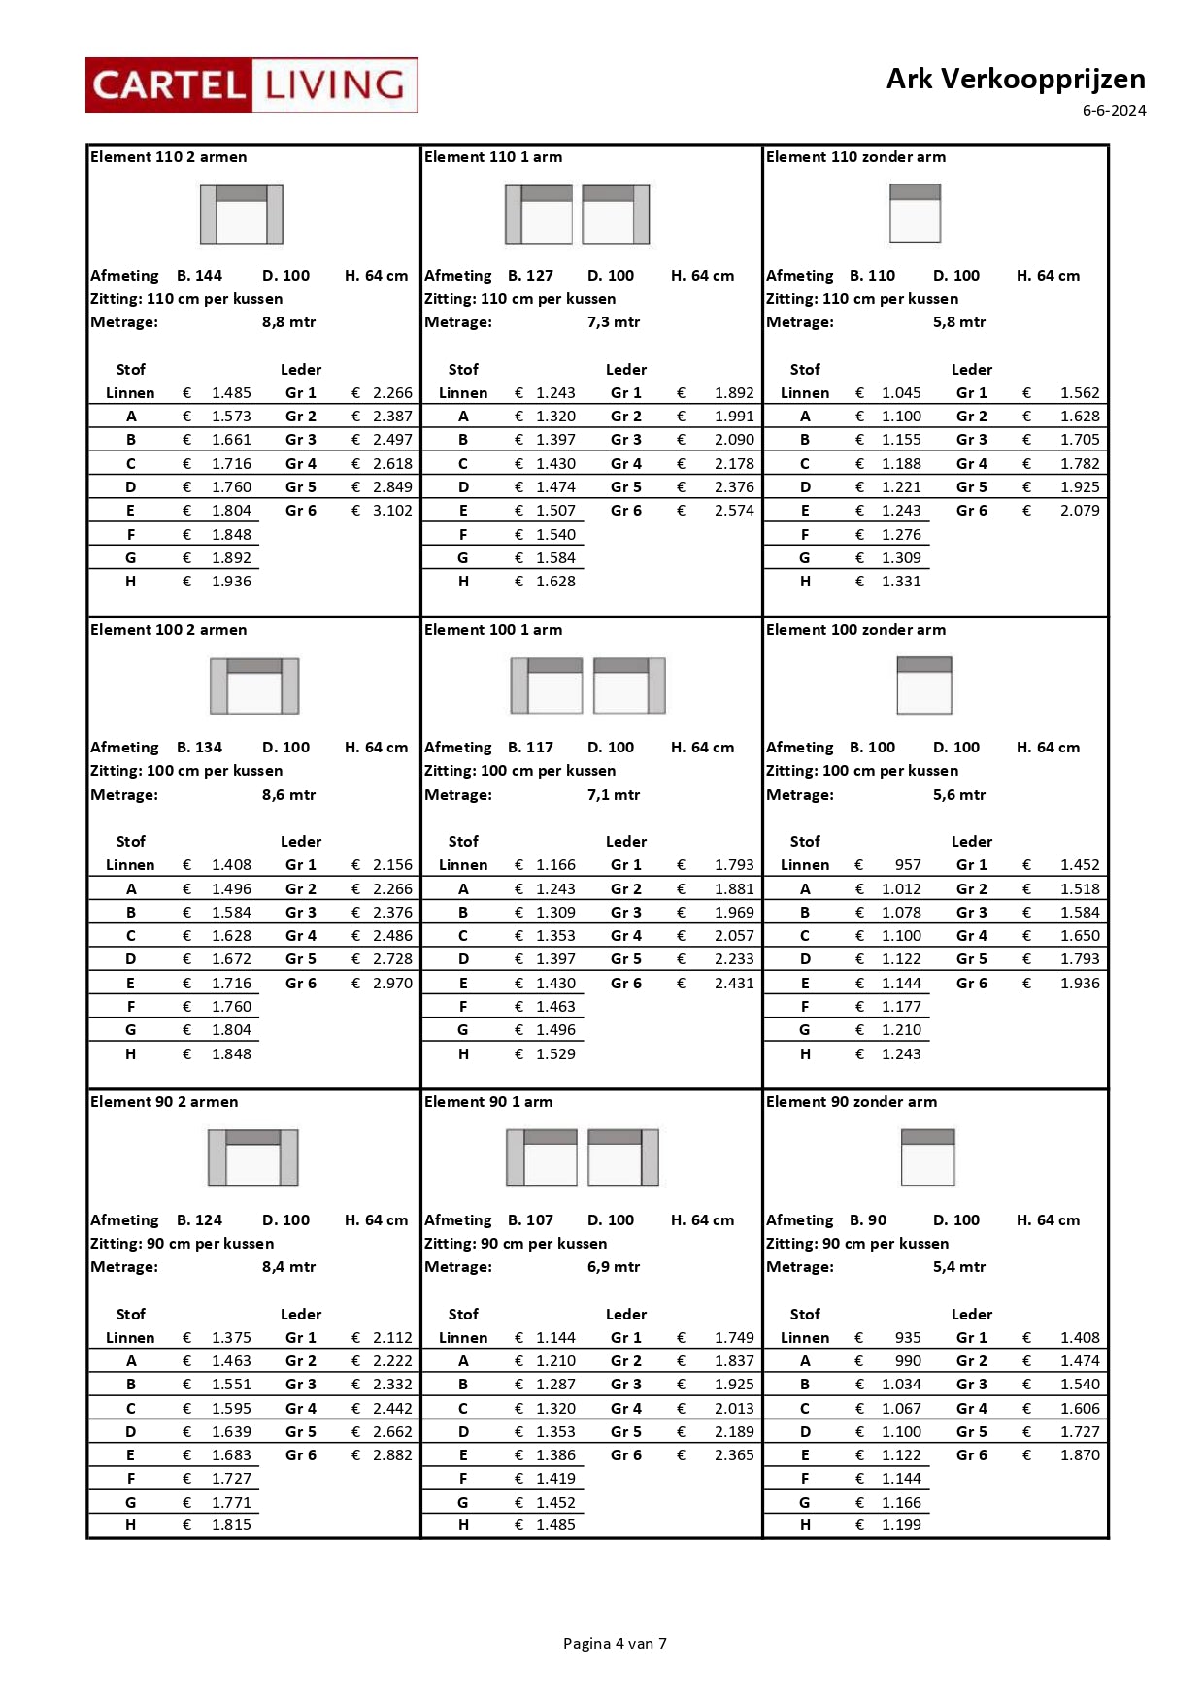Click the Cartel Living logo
point(251,85)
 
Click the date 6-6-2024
point(1114,111)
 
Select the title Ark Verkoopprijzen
point(1015,79)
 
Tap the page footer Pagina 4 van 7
point(615,1643)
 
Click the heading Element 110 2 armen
point(168,157)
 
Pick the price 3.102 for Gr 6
point(392,511)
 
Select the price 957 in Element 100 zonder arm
point(908,865)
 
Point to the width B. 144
point(199,276)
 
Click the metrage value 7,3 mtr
point(613,322)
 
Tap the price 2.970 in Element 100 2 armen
point(392,984)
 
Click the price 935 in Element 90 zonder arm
point(908,1338)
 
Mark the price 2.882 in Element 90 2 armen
point(392,1455)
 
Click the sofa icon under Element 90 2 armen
point(252,1157)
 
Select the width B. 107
point(530,1220)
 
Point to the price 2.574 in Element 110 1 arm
point(734,511)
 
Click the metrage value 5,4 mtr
point(958,1267)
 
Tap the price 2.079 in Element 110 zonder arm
point(1080,511)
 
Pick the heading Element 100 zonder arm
point(855,630)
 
